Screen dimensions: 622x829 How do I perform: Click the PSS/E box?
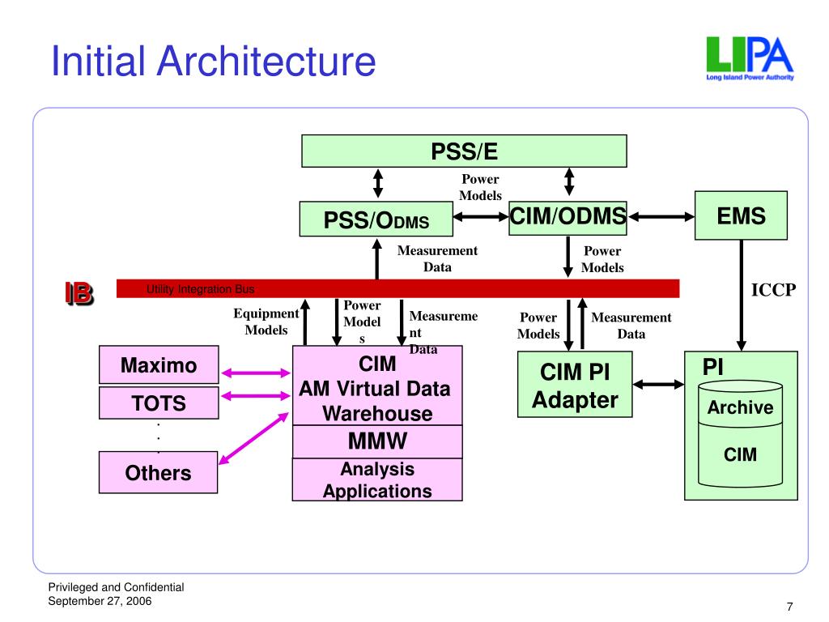pyautogui.click(x=464, y=150)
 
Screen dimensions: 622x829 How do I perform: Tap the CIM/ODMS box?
pyautogui.click(x=568, y=217)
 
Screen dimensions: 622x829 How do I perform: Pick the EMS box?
pyautogui.click(x=741, y=215)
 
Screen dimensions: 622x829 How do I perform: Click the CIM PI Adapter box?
pyautogui.click(x=574, y=386)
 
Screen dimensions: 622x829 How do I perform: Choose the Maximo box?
pyautogui.click(x=159, y=365)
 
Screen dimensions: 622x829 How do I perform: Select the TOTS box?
pyautogui.click(x=159, y=403)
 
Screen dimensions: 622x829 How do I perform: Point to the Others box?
pyautogui.click(x=159, y=472)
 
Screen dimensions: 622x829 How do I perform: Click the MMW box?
pyautogui.click(x=377, y=442)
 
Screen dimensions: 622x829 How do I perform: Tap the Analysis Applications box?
pyautogui.click(x=377, y=479)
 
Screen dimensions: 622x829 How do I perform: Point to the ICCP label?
pyautogui.click(x=774, y=290)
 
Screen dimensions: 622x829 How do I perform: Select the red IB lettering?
pyautogui.click(x=79, y=293)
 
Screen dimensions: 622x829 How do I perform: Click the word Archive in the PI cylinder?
pyautogui.click(x=740, y=407)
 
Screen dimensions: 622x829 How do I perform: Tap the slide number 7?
pyautogui.click(x=789, y=607)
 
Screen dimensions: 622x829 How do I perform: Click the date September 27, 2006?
pyautogui.click(x=100, y=600)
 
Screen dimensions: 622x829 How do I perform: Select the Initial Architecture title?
pyautogui.click(x=213, y=62)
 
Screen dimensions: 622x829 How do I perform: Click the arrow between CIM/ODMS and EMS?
pyautogui.click(x=661, y=216)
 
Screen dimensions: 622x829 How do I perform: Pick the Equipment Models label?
pyautogui.click(x=266, y=322)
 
